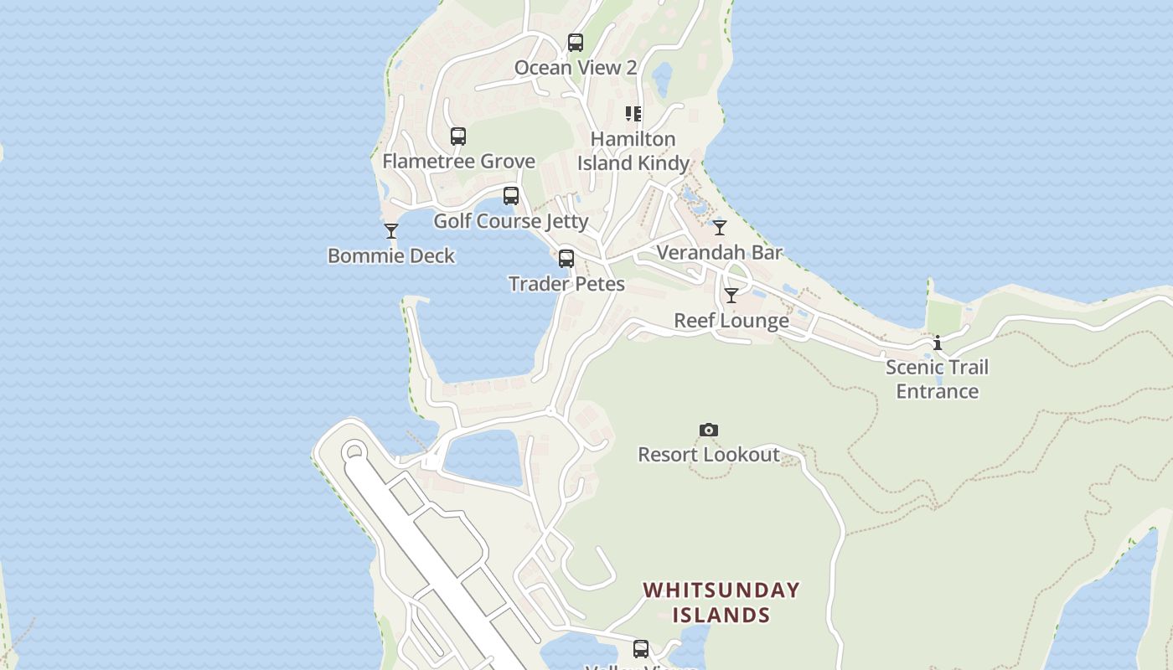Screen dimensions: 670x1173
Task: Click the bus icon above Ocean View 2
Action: click(x=575, y=43)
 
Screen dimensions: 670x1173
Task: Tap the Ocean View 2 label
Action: click(x=575, y=68)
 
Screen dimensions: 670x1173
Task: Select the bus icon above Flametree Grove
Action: click(x=457, y=137)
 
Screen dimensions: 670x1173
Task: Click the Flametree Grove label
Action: click(x=458, y=161)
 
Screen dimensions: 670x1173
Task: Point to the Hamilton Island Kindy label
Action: click(x=633, y=151)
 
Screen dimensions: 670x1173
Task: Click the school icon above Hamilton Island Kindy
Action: click(x=633, y=114)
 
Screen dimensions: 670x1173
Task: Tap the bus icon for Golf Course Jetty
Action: click(x=510, y=196)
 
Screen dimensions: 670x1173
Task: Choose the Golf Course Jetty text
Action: click(x=510, y=221)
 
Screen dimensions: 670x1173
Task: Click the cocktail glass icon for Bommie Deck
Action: click(x=391, y=231)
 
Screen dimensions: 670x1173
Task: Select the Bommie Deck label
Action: click(x=391, y=255)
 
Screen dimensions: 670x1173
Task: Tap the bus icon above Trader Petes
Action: click(x=566, y=259)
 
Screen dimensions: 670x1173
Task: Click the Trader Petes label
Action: click(x=566, y=284)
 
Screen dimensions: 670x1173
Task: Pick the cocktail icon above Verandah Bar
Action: click(x=720, y=228)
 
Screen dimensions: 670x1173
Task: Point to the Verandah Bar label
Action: click(x=720, y=252)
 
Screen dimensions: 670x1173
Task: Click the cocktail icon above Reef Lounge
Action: click(x=731, y=296)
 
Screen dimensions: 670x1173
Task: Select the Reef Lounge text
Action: click(x=731, y=321)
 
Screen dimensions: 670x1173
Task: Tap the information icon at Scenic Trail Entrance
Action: click(x=938, y=343)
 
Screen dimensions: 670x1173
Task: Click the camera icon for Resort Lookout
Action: click(x=709, y=430)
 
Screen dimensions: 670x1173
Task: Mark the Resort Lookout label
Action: click(x=709, y=455)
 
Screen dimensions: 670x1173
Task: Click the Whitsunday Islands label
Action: click(x=721, y=602)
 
